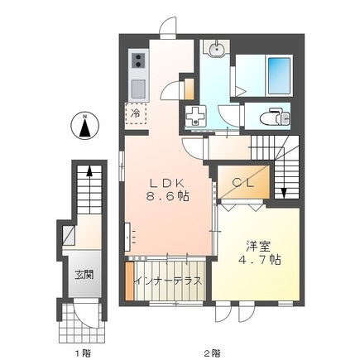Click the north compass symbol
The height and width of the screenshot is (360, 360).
click(85, 127)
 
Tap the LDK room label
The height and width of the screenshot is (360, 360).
click(166, 183)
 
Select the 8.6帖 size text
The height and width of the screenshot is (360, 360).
click(167, 196)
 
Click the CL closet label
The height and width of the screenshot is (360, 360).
click(242, 182)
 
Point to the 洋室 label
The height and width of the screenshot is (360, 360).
click(258, 247)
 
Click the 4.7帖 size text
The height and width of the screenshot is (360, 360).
click(259, 259)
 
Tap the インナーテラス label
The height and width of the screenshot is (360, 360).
click(168, 281)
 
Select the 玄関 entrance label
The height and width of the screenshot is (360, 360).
click(84, 275)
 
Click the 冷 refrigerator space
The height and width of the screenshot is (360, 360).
click(136, 113)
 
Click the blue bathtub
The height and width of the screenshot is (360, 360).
click(280, 75)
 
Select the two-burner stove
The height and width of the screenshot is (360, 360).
click(138, 60)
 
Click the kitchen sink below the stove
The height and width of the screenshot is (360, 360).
click(138, 89)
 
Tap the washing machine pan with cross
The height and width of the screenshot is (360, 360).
click(195, 117)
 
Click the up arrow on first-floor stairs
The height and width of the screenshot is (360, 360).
click(89, 171)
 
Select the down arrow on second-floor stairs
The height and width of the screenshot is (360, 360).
click(284, 192)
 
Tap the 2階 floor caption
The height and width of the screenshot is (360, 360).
click(213, 353)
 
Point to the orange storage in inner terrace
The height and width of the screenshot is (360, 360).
click(129, 281)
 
